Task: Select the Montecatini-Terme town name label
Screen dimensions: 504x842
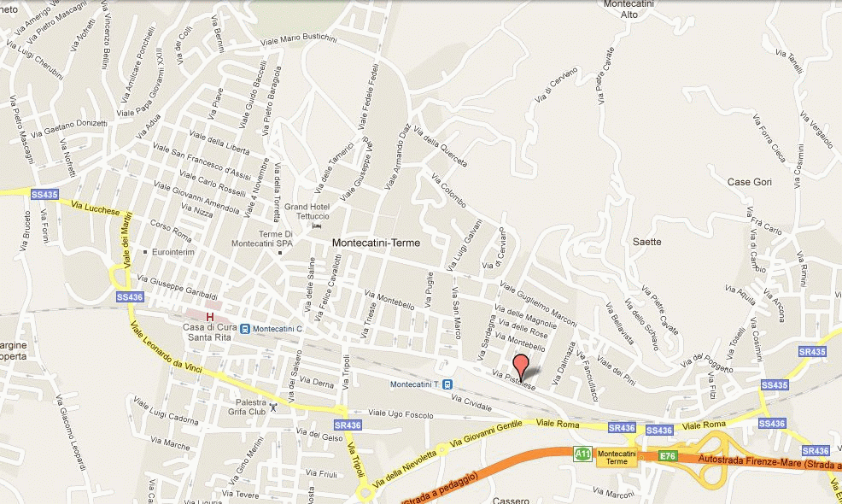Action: [376, 243]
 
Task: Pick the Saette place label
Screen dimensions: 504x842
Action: [646, 242]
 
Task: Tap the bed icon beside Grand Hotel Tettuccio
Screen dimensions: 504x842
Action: [318, 226]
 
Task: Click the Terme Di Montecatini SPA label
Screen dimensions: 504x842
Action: [261, 239]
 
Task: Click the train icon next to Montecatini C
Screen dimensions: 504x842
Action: [245, 329]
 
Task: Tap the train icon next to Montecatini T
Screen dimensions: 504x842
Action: [447, 384]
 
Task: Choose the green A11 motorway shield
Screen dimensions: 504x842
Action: [582, 454]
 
